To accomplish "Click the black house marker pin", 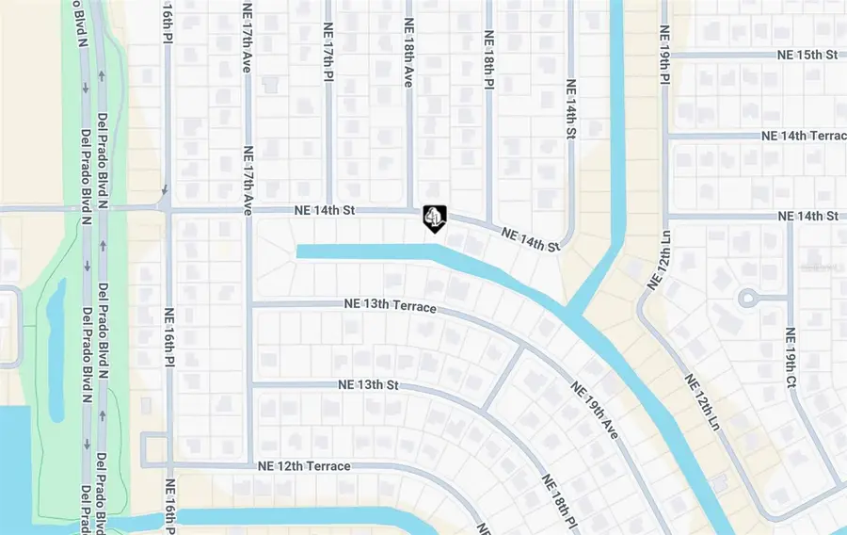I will [433, 219].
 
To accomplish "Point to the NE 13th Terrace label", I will [391, 307].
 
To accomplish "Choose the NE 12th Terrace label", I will [304, 466].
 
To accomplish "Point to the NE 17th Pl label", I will [328, 56].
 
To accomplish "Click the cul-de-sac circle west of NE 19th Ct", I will [748, 299].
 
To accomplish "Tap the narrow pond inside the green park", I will [56, 349].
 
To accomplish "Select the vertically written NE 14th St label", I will [570, 110].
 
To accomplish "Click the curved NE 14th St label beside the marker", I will [530, 239].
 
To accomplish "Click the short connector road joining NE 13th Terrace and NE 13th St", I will [503, 377].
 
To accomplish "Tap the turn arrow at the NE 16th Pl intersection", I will [164, 190].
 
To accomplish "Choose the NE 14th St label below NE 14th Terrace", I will [808, 217].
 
